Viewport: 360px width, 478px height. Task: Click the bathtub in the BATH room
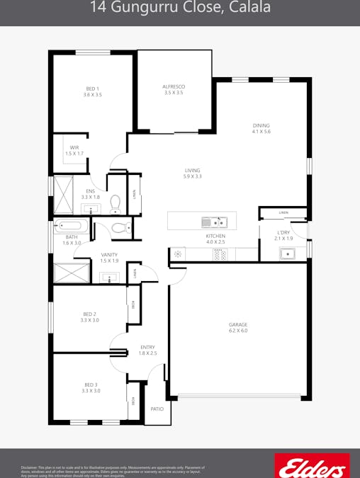[x=71, y=227]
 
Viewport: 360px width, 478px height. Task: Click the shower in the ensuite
[x=64, y=195]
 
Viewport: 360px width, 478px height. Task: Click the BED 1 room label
[x=93, y=89]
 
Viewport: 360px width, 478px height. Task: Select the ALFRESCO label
[x=174, y=86]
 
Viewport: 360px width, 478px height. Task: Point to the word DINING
[x=261, y=126]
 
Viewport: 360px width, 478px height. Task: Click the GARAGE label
[x=238, y=325]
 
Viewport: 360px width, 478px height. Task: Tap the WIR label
[x=74, y=147]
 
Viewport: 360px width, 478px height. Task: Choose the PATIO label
[x=157, y=409]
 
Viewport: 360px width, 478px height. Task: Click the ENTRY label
[x=147, y=347]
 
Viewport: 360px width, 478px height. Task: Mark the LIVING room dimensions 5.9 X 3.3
[x=192, y=176]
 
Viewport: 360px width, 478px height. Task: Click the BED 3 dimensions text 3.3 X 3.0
[x=91, y=391]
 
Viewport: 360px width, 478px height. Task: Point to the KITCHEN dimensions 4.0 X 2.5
[x=215, y=242]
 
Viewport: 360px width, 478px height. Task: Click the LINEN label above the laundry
[x=283, y=212]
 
